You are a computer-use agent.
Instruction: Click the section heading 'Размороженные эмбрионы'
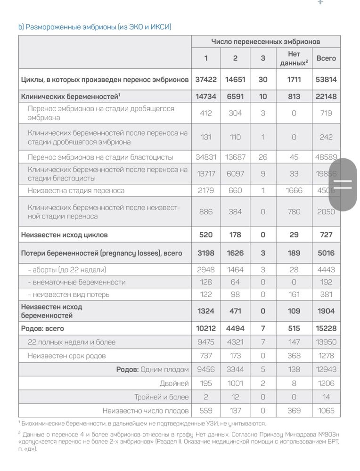point(95,27)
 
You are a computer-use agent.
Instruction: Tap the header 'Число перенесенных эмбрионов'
point(265,42)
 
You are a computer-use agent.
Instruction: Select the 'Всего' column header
point(326,58)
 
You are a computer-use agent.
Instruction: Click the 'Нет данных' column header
point(294,58)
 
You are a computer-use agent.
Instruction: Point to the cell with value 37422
point(205,80)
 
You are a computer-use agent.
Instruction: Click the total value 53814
point(326,80)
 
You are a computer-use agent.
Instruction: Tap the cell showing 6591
point(235,97)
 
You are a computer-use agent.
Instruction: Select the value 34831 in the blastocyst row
point(205,157)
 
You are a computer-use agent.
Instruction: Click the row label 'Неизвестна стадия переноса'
point(76,191)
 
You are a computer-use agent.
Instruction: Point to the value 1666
point(294,191)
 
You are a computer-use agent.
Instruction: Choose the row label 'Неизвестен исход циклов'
point(65,235)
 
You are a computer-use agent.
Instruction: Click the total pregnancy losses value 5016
point(326,253)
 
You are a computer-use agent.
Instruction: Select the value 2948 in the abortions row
point(205,270)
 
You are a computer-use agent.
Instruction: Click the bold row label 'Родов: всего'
point(42,328)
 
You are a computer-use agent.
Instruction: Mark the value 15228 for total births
point(326,328)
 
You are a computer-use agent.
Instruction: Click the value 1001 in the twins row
point(235,384)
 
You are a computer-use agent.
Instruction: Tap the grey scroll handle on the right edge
point(343,184)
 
